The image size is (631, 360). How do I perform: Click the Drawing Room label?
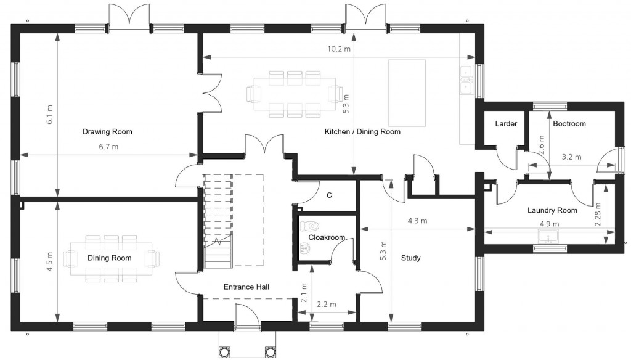pyautogui.click(x=107, y=131)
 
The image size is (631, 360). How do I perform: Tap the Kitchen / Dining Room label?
pyautogui.click(x=362, y=131)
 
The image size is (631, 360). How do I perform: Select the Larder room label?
pyautogui.click(x=505, y=124)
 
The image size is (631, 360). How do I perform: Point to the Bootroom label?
pyautogui.click(x=569, y=124)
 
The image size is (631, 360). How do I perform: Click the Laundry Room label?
pyautogui.click(x=552, y=210)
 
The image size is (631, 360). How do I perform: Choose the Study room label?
pyautogui.click(x=410, y=258)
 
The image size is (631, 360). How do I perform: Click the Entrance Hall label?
pyautogui.click(x=246, y=287)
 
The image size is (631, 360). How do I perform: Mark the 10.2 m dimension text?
pyautogui.click(x=338, y=49)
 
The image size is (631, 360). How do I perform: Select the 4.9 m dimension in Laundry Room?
pyautogui.click(x=549, y=224)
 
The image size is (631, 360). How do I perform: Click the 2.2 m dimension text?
pyautogui.click(x=326, y=305)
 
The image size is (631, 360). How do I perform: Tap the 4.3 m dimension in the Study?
pyautogui.click(x=417, y=221)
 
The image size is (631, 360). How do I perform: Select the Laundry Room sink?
pyautogui.click(x=548, y=237)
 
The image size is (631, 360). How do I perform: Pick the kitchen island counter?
pyautogui.click(x=407, y=91)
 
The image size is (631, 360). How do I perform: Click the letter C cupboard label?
pyautogui.click(x=329, y=195)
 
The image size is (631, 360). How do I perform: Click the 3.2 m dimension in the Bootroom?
pyautogui.click(x=572, y=157)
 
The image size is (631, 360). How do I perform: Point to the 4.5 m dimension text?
pyautogui.click(x=50, y=258)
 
